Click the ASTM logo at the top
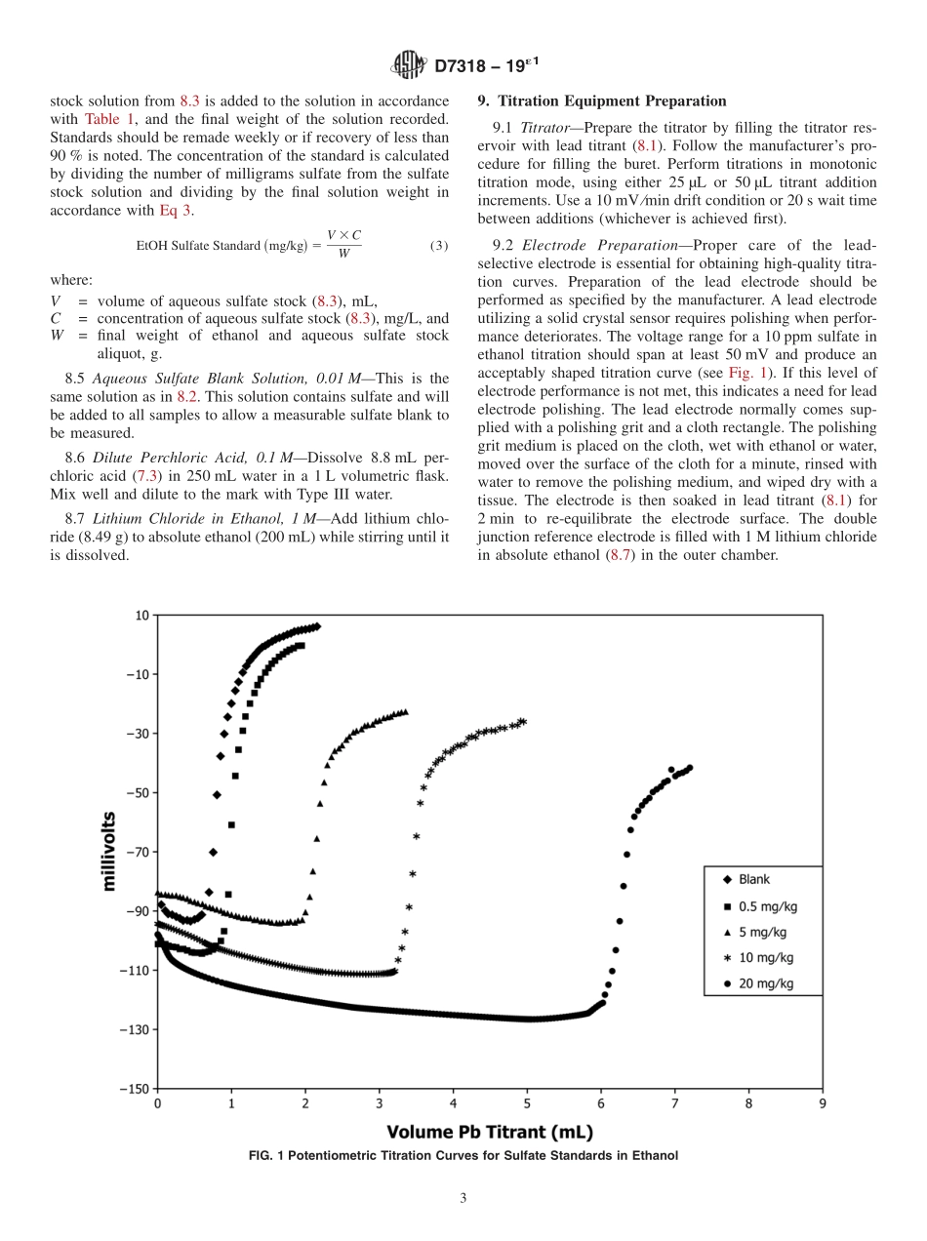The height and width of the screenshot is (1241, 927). pyautogui.click(x=408, y=65)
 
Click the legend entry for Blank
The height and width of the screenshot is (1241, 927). pyautogui.click(x=753, y=879)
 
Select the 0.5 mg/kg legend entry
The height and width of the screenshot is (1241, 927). pyautogui.click(x=766, y=905)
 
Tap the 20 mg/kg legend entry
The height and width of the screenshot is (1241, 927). pyautogui.click(x=765, y=983)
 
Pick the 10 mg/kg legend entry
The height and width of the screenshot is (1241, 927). pyautogui.click(x=765, y=958)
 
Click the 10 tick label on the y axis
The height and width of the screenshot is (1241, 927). pyautogui.click(x=141, y=615)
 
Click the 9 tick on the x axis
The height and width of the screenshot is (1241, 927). pyautogui.click(x=823, y=1104)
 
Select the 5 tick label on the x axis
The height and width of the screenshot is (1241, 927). pyautogui.click(x=527, y=1104)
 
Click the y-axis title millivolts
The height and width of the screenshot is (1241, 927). pyautogui.click(x=109, y=851)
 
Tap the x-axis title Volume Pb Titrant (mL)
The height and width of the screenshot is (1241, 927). pyautogui.click(x=490, y=1132)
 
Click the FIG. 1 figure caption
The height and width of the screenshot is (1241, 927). pyautogui.click(x=463, y=1155)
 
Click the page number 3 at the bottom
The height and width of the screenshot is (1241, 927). pyautogui.click(x=463, y=1199)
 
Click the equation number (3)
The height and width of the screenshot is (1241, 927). pyautogui.click(x=438, y=246)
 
